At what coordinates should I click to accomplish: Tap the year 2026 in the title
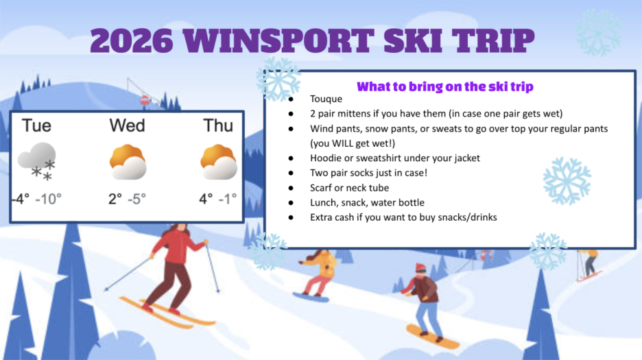(x=131, y=40)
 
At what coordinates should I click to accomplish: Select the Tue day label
(x=36, y=125)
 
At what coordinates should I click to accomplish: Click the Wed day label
(x=127, y=125)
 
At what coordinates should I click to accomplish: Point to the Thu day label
(x=218, y=125)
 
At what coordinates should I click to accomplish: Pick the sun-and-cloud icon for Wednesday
(x=128, y=162)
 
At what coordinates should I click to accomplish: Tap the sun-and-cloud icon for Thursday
(x=219, y=162)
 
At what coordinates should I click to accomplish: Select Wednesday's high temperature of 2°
(x=115, y=199)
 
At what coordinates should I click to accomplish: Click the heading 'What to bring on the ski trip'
(x=445, y=86)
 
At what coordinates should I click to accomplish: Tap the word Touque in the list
(x=326, y=99)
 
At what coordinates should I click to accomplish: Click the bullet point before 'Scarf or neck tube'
(x=292, y=188)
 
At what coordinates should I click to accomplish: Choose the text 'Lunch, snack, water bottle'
(x=367, y=202)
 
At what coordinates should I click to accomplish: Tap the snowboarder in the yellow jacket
(x=318, y=271)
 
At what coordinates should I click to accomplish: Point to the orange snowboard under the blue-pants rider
(x=432, y=337)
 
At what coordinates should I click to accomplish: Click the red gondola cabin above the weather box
(x=144, y=101)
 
